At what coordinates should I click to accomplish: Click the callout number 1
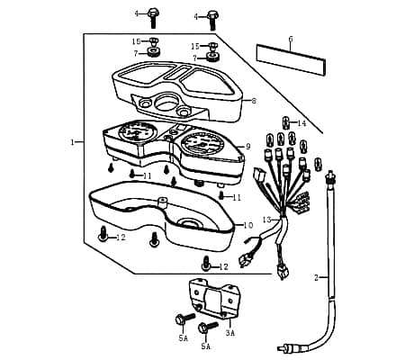pyautogui.click(x=72, y=142)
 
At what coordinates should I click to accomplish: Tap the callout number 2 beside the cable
pyautogui.click(x=316, y=278)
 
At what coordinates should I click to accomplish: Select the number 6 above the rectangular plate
pyautogui.click(x=291, y=39)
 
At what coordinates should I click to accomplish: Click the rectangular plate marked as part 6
pyautogui.click(x=291, y=60)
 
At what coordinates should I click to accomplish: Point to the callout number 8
pyautogui.click(x=254, y=101)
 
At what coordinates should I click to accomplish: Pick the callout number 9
pyautogui.click(x=248, y=147)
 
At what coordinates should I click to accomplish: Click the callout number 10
pyautogui.click(x=248, y=225)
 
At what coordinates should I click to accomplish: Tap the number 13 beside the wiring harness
pyautogui.click(x=266, y=220)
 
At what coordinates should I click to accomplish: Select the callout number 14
pyautogui.click(x=301, y=123)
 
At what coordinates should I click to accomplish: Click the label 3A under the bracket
pyautogui.click(x=230, y=333)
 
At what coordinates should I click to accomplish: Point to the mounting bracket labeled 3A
pyautogui.click(x=214, y=298)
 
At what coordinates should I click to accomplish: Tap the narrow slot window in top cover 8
pyautogui.click(x=179, y=73)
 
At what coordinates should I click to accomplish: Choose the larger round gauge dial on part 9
pyautogui.click(x=202, y=144)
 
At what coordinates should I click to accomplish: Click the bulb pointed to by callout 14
pyautogui.click(x=286, y=123)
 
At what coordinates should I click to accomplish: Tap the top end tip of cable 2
pyautogui.click(x=330, y=173)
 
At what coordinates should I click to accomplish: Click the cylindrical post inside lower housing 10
pyautogui.click(x=162, y=202)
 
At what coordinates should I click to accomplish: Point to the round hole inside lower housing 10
pyautogui.click(x=188, y=223)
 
